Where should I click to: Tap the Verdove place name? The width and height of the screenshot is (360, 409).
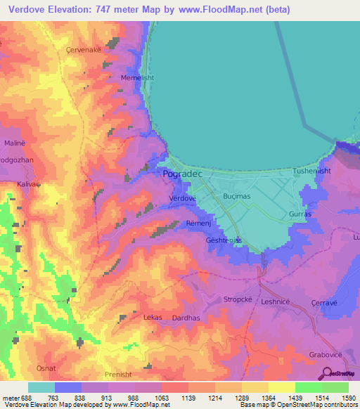182,199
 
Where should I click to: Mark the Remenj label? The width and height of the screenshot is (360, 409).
198,223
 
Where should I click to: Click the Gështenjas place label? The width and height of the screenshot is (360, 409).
224,240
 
